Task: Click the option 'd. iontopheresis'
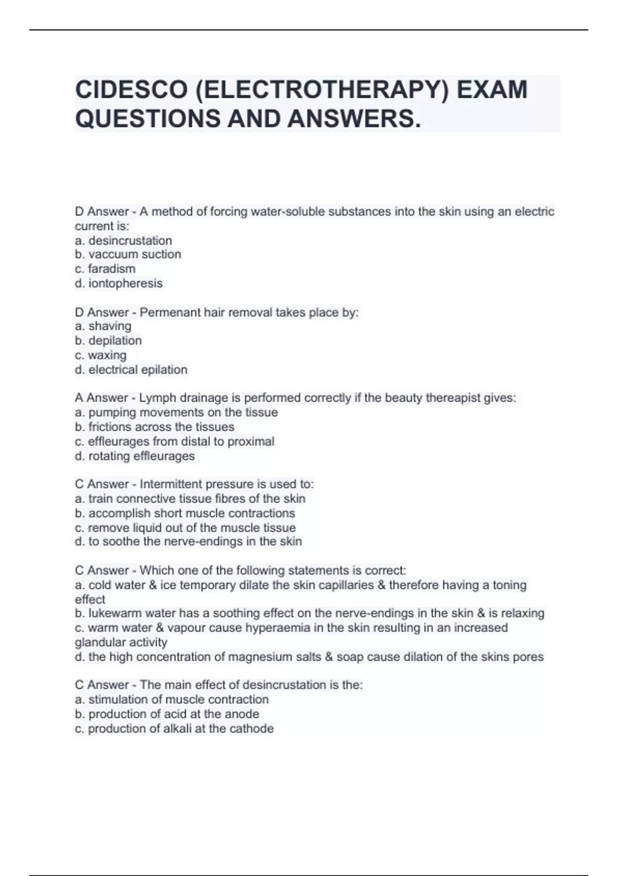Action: coord(118,283)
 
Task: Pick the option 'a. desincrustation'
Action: coord(123,241)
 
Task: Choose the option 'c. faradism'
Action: coord(105,269)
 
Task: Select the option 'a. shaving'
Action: coord(103,326)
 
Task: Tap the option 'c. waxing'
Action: coord(100,356)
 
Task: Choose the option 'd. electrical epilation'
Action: coord(131,370)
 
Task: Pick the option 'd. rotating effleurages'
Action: coord(134,456)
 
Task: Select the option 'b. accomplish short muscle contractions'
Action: coord(185,513)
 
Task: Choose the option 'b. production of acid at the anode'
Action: coord(167,714)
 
